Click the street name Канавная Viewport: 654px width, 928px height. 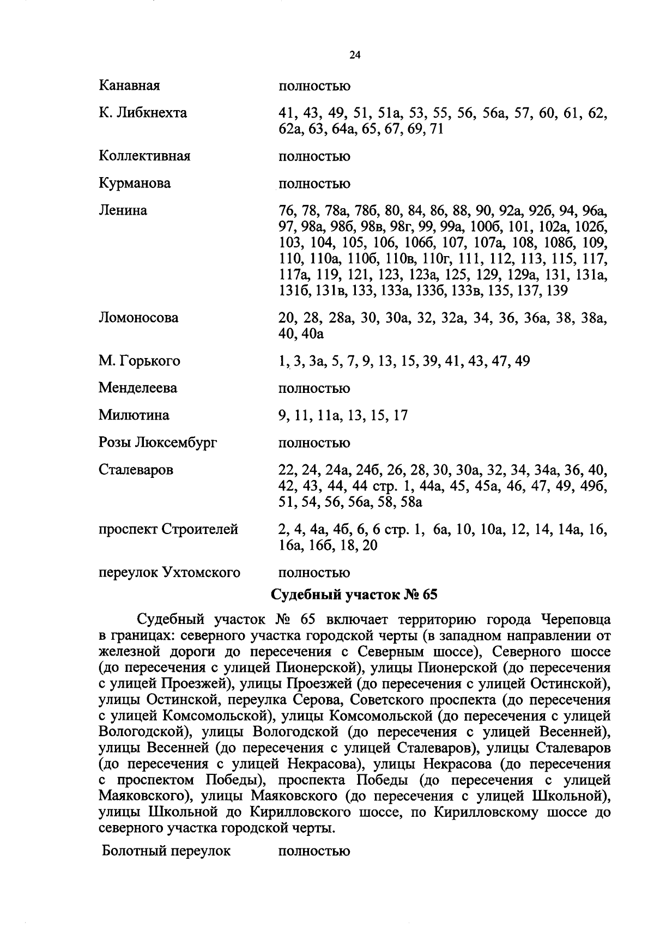point(129,86)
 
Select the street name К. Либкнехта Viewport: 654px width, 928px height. point(143,113)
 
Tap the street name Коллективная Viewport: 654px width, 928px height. point(144,156)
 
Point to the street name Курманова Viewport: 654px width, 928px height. point(135,184)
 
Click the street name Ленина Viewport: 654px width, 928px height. point(123,210)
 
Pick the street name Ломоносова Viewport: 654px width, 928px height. point(138,318)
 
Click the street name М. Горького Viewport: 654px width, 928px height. point(140,361)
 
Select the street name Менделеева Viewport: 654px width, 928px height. point(138,389)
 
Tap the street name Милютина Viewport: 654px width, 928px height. point(134,416)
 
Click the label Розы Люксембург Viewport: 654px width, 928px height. point(158,443)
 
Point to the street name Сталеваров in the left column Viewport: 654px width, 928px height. point(136,470)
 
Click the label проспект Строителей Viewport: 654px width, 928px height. point(168,530)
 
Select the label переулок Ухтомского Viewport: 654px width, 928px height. point(169,573)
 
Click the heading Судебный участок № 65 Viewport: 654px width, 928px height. point(354,595)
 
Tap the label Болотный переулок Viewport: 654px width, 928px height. point(166,851)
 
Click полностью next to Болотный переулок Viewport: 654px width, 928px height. point(314,851)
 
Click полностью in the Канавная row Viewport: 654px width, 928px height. point(314,86)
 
